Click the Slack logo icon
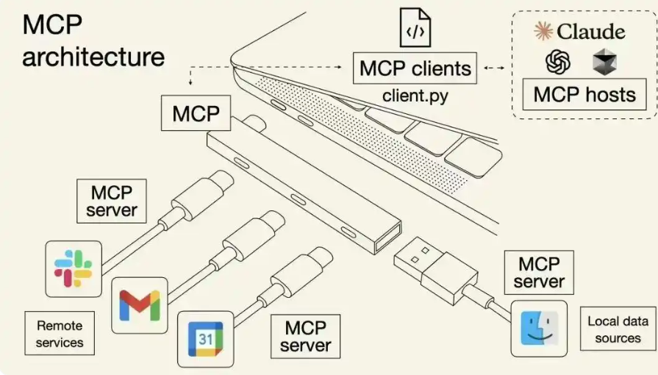tap(73, 268)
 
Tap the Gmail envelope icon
tap(140, 305)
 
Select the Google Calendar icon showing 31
tap(205, 339)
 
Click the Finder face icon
tap(540, 328)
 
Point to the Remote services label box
tap(60, 333)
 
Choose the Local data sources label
tap(618, 329)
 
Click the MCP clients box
tap(415, 69)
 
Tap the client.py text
tap(415, 96)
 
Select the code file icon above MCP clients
tap(414, 27)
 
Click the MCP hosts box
tap(584, 94)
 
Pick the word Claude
tap(591, 31)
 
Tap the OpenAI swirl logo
tap(558, 62)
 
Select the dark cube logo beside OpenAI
tap(604, 62)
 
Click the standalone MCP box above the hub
tap(196, 114)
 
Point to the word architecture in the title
tap(93, 57)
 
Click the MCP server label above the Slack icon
tap(112, 201)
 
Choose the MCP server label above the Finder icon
tap(539, 273)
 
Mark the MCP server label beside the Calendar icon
tap(306, 335)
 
